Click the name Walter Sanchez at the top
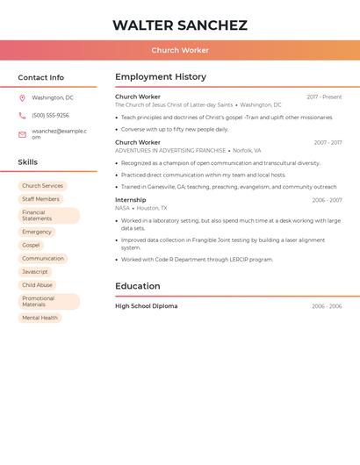click(180, 25)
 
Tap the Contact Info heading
click(41, 77)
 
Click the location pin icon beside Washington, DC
click(22, 97)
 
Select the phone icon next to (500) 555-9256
click(22, 115)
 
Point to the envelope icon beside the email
click(22, 134)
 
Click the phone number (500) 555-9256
click(50, 115)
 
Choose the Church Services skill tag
click(42, 186)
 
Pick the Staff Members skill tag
click(40, 199)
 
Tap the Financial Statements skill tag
click(48, 216)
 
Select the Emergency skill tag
click(37, 232)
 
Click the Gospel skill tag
click(31, 245)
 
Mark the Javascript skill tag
click(35, 272)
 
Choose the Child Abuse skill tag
click(37, 285)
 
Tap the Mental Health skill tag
click(40, 318)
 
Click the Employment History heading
click(161, 77)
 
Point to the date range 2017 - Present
click(324, 97)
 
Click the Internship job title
click(131, 200)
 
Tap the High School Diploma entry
click(146, 306)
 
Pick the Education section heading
click(138, 286)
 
